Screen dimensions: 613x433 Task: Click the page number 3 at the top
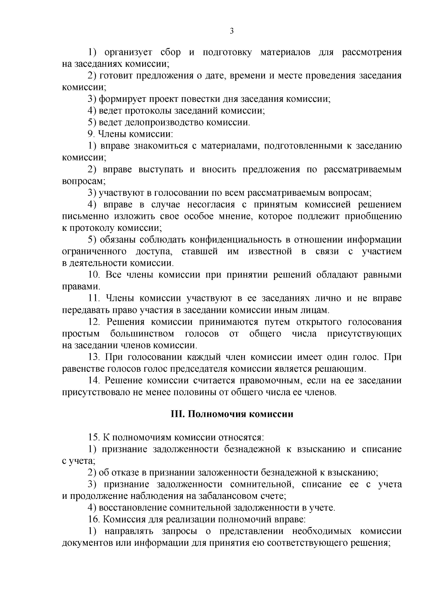tap(232, 31)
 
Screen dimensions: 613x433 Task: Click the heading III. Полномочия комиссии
tap(232, 414)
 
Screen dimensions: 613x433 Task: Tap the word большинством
tap(142, 333)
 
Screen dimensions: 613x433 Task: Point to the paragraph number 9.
tap(91, 134)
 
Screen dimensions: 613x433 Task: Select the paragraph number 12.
tap(94, 322)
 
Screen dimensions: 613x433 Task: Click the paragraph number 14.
tap(94, 381)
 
